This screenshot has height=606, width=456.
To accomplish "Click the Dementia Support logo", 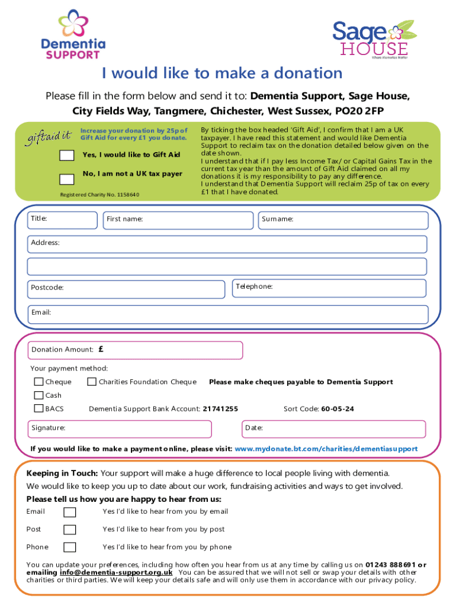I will pos(73,35).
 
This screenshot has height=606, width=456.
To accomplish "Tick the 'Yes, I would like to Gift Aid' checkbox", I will pos(67,156).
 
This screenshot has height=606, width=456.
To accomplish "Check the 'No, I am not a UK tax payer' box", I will pos(67,179).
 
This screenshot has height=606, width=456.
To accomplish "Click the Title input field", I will pos(63,220).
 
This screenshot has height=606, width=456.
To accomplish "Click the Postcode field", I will pos(127,288).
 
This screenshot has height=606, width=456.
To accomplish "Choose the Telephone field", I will pos(329,288).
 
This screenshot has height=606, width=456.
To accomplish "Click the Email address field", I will pos(229,314).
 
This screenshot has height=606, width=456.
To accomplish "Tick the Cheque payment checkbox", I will pos(39,382).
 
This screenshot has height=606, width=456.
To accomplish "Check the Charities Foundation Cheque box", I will pos(92,382).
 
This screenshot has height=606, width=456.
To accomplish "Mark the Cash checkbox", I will pos(39,395).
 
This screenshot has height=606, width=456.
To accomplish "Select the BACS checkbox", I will pos(39,408).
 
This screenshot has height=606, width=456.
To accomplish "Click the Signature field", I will pos(120,428).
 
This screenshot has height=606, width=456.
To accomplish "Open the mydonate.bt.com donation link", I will pos(326,449).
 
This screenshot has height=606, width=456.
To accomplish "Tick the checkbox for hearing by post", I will pos(70,530).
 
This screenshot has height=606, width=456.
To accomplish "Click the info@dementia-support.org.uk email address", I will pos(116,573).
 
